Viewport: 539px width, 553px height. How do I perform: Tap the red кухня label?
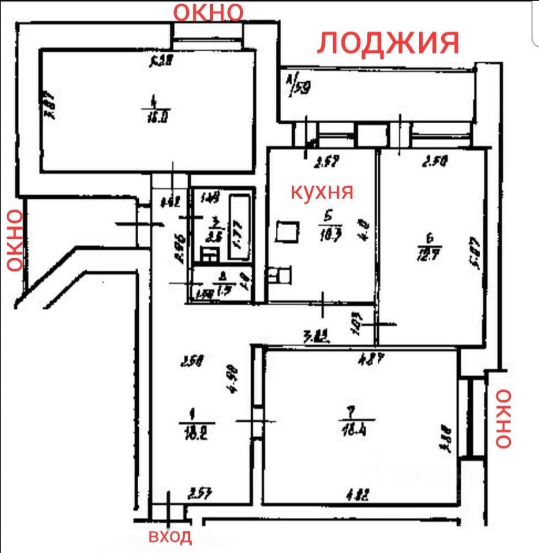[x=321, y=192]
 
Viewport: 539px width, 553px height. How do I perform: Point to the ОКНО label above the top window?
[x=209, y=11]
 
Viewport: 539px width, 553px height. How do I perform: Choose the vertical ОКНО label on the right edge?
[x=503, y=418]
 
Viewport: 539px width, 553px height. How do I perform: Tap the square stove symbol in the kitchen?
[x=287, y=232]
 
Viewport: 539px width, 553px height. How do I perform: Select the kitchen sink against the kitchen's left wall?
[x=280, y=275]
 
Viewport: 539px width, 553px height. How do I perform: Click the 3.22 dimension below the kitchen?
[x=316, y=335]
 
